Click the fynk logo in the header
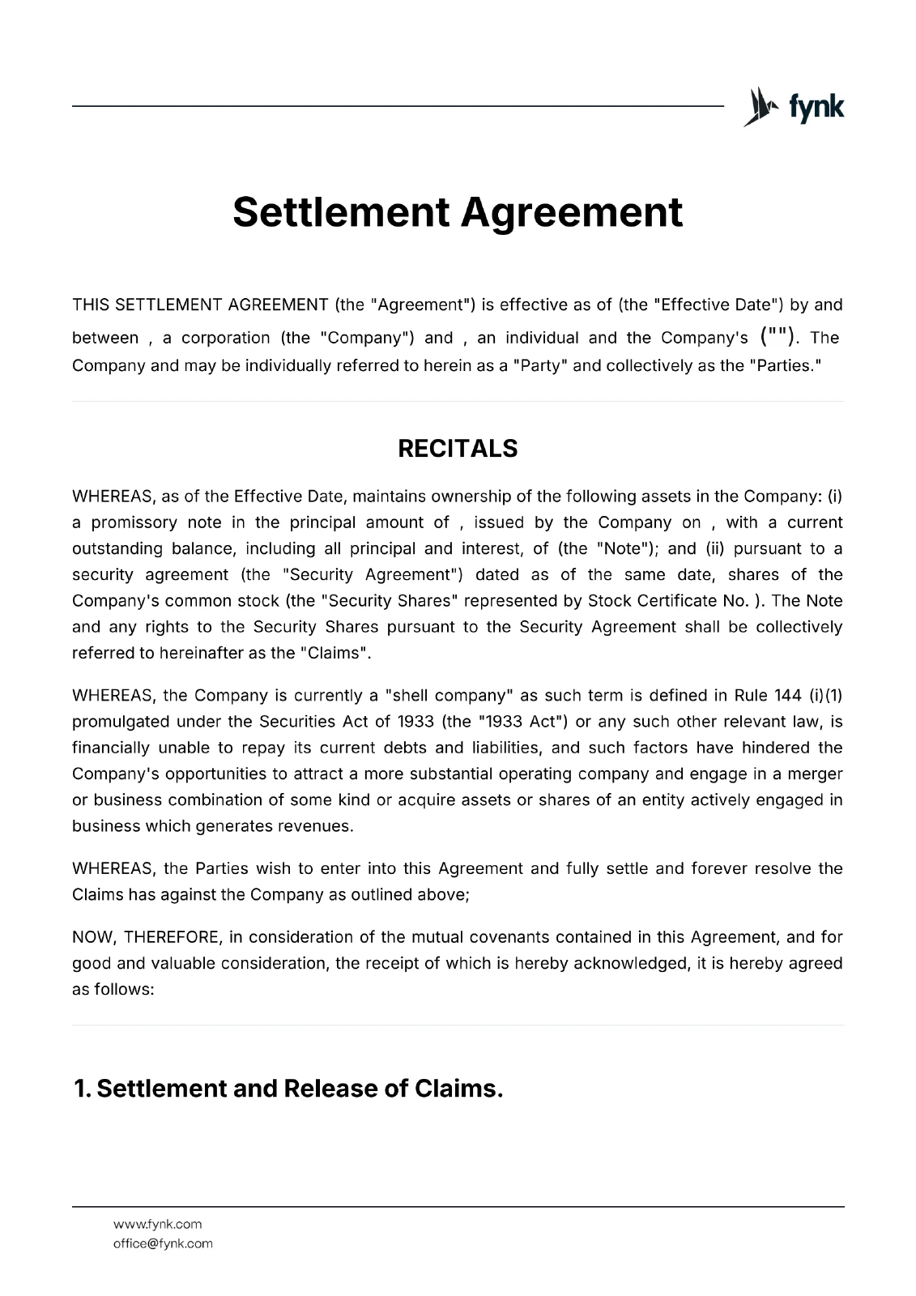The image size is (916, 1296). (794, 107)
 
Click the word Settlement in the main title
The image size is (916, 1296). (340, 212)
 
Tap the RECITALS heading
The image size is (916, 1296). (458, 449)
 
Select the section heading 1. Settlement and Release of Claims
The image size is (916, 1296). (288, 1088)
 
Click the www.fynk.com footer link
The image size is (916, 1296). (157, 1224)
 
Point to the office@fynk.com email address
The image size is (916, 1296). (163, 1243)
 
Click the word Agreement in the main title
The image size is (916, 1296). (572, 212)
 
